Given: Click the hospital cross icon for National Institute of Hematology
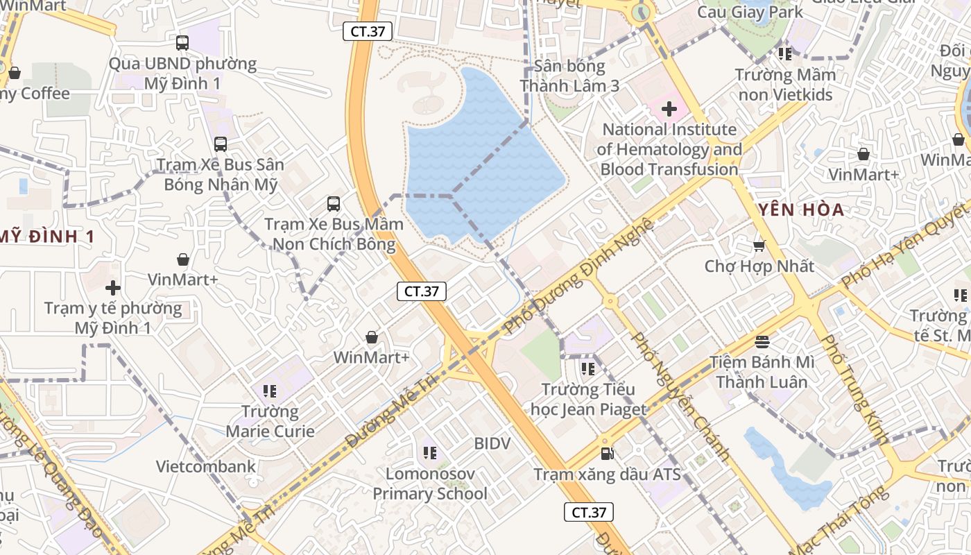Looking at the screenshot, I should [669, 109].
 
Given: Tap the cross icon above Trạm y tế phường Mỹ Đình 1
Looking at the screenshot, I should [113, 288].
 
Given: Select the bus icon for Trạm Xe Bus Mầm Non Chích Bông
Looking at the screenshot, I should [334, 204].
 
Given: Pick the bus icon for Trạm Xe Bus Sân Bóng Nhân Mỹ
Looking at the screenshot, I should [221, 144].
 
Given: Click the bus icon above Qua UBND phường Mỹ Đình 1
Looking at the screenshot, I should [182, 43].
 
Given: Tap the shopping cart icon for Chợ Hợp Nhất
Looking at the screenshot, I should [759, 246].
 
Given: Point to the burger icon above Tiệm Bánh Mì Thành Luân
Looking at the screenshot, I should [762, 341].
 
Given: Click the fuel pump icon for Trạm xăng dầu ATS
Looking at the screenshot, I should [608, 454].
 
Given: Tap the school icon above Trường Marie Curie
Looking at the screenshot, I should [270, 391].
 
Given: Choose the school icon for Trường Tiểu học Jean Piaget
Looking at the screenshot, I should [588, 369].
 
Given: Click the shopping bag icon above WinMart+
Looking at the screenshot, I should [372, 338].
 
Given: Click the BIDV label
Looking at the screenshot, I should [492, 443].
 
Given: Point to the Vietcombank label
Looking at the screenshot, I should [206, 466].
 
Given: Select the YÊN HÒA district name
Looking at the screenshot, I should [801, 210].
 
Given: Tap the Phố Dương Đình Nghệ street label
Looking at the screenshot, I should [580, 275].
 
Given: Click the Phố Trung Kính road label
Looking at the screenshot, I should [854, 388].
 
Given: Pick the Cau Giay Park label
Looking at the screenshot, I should [750, 12].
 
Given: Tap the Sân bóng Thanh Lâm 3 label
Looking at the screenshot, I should [569, 76].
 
